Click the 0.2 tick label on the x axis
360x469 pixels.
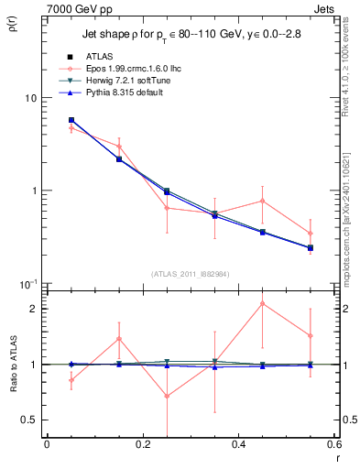[142, 444]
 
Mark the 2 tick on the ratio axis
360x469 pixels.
[35, 309]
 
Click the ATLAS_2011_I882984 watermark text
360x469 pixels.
[190, 274]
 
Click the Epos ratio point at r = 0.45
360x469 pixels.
[262, 303]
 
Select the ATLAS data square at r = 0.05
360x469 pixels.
[71, 120]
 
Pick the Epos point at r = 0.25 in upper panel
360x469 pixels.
[167, 208]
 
